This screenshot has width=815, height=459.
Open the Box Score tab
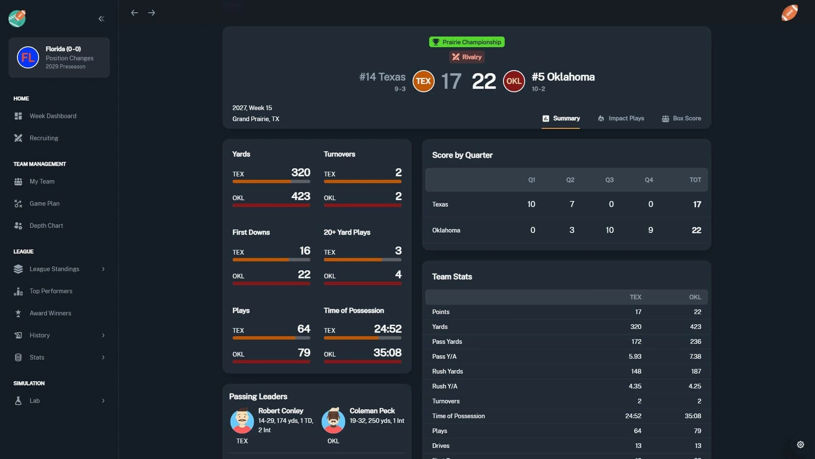coord(681,119)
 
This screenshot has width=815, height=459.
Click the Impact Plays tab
coord(621,119)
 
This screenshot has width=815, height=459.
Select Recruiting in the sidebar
coord(44,138)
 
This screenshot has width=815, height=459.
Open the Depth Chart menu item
coord(46,226)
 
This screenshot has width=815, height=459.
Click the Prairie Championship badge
coord(467,42)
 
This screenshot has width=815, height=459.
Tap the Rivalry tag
coord(467,57)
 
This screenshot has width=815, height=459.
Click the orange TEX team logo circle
coord(423,81)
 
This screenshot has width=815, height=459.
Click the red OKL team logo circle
coord(514,81)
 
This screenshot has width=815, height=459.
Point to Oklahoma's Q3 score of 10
coord(610,230)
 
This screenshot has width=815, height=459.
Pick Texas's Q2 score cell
coord(572,204)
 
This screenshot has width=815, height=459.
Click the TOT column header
coord(695,180)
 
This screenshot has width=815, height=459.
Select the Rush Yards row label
coord(447,371)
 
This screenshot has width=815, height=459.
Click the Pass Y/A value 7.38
coord(695,357)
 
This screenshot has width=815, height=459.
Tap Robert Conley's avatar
coord(242,421)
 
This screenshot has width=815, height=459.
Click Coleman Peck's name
coord(372,411)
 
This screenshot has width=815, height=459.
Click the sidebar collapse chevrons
coord(101,19)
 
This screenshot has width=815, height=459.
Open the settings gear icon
coord(800,445)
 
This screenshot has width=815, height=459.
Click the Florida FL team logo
coord(28,58)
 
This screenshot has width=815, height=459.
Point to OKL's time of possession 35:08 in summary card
coord(387,353)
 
